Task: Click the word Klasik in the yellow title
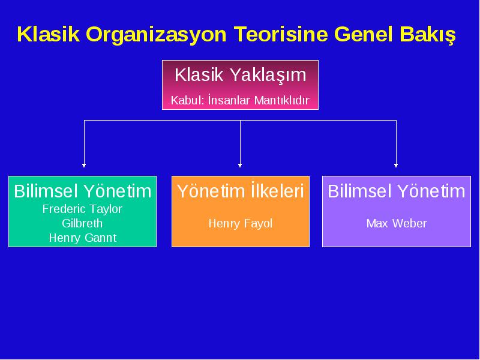click(49, 34)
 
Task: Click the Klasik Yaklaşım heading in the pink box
click(241, 74)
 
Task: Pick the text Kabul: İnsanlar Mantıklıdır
click(241, 100)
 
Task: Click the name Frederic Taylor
click(82, 209)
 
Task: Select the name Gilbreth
click(82, 223)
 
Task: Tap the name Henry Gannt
click(83, 238)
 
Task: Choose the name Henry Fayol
click(241, 223)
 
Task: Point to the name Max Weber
click(397, 223)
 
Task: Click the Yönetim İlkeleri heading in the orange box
click(241, 191)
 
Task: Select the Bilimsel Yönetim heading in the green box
click(83, 191)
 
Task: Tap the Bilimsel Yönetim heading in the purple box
click(397, 191)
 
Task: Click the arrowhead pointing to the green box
click(84, 166)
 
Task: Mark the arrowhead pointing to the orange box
click(240, 166)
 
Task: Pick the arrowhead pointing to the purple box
click(396, 166)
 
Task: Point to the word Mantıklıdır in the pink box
click(282, 100)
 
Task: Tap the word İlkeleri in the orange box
click(277, 191)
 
